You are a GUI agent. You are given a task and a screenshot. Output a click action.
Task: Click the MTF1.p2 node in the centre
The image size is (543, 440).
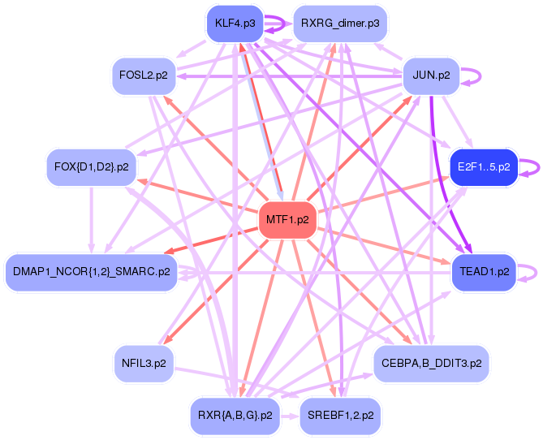(287, 220)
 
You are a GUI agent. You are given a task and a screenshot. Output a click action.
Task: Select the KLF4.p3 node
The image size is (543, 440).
(235, 24)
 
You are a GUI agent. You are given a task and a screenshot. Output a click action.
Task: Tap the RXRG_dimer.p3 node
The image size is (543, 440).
(339, 24)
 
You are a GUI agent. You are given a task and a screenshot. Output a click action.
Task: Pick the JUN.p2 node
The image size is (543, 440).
(431, 76)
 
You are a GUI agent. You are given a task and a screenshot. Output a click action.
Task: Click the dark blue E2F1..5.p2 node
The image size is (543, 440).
(484, 167)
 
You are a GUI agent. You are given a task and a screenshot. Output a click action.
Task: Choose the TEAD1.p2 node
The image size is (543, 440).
(484, 271)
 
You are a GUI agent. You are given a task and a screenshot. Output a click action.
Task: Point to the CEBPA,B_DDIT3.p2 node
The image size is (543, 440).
(431, 363)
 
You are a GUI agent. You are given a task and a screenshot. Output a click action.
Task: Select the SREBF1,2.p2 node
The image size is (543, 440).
(341, 415)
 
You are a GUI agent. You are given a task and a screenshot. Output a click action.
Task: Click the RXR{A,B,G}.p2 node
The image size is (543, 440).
(235, 415)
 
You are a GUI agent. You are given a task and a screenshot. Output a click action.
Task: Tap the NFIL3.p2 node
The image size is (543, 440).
(144, 363)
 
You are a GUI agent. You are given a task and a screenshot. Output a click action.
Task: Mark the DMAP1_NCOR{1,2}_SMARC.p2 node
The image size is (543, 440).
(92, 271)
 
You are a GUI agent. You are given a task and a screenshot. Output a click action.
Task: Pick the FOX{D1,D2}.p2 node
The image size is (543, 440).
(91, 167)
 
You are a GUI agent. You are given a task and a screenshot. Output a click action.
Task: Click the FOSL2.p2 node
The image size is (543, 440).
(144, 76)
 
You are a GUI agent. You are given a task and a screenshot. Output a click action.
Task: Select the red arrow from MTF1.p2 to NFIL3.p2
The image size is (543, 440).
(211, 291)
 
